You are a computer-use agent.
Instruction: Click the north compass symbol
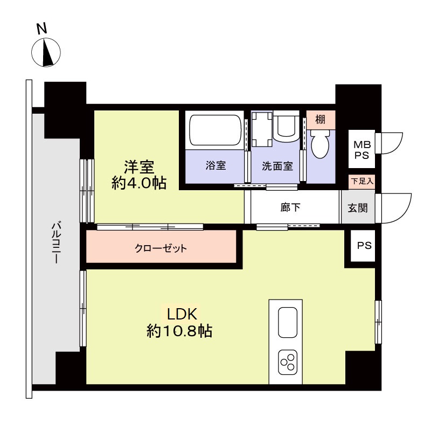pyautogui.click(x=46, y=53)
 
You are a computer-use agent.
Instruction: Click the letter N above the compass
pyautogui.click(x=40, y=29)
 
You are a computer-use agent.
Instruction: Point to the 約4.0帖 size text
pyautogui.click(x=139, y=183)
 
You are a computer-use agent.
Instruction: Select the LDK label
pyautogui.click(x=183, y=314)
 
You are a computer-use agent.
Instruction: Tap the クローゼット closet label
pyautogui.click(x=161, y=249)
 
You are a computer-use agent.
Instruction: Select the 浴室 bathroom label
pyautogui.click(x=215, y=166)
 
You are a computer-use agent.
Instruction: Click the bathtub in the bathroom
pyautogui.click(x=215, y=130)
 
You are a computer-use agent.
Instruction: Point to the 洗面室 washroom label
pyautogui.click(x=277, y=166)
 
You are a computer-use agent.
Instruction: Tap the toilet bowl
pyautogui.click(x=319, y=144)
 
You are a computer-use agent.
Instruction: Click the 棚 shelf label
pyautogui.click(x=320, y=120)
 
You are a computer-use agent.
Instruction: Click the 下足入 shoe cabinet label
pyautogui.click(x=361, y=182)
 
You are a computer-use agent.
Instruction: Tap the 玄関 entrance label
pyautogui.click(x=357, y=207)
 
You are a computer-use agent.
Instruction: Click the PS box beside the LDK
pyautogui.click(x=364, y=246)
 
